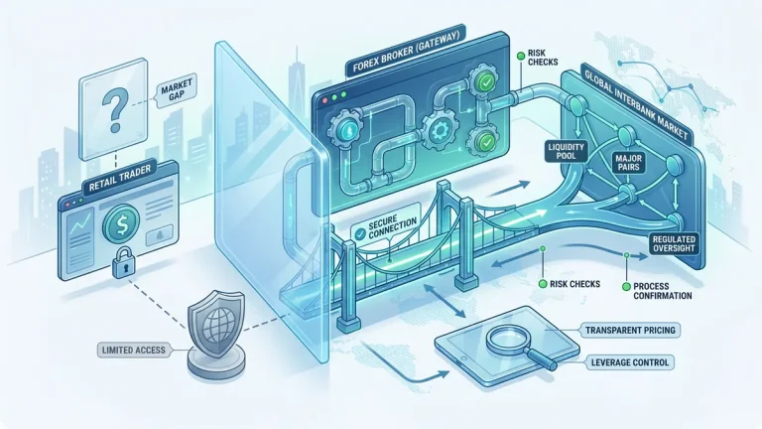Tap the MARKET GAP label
coord(177,90)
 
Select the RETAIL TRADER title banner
coord(120,178)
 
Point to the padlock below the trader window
coord(123,262)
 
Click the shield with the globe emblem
coord(215,324)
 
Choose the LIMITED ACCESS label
coord(134,351)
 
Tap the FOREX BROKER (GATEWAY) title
coord(405,52)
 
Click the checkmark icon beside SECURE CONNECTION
coord(360,234)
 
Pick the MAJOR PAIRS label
coord(629,163)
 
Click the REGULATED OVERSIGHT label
coord(674,243)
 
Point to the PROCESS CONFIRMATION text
coord(663,291)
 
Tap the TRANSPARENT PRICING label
coord(630,331)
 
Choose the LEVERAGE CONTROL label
coord(630,362)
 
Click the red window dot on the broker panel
coord(326,100)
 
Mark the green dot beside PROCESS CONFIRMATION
coord(626,287)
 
